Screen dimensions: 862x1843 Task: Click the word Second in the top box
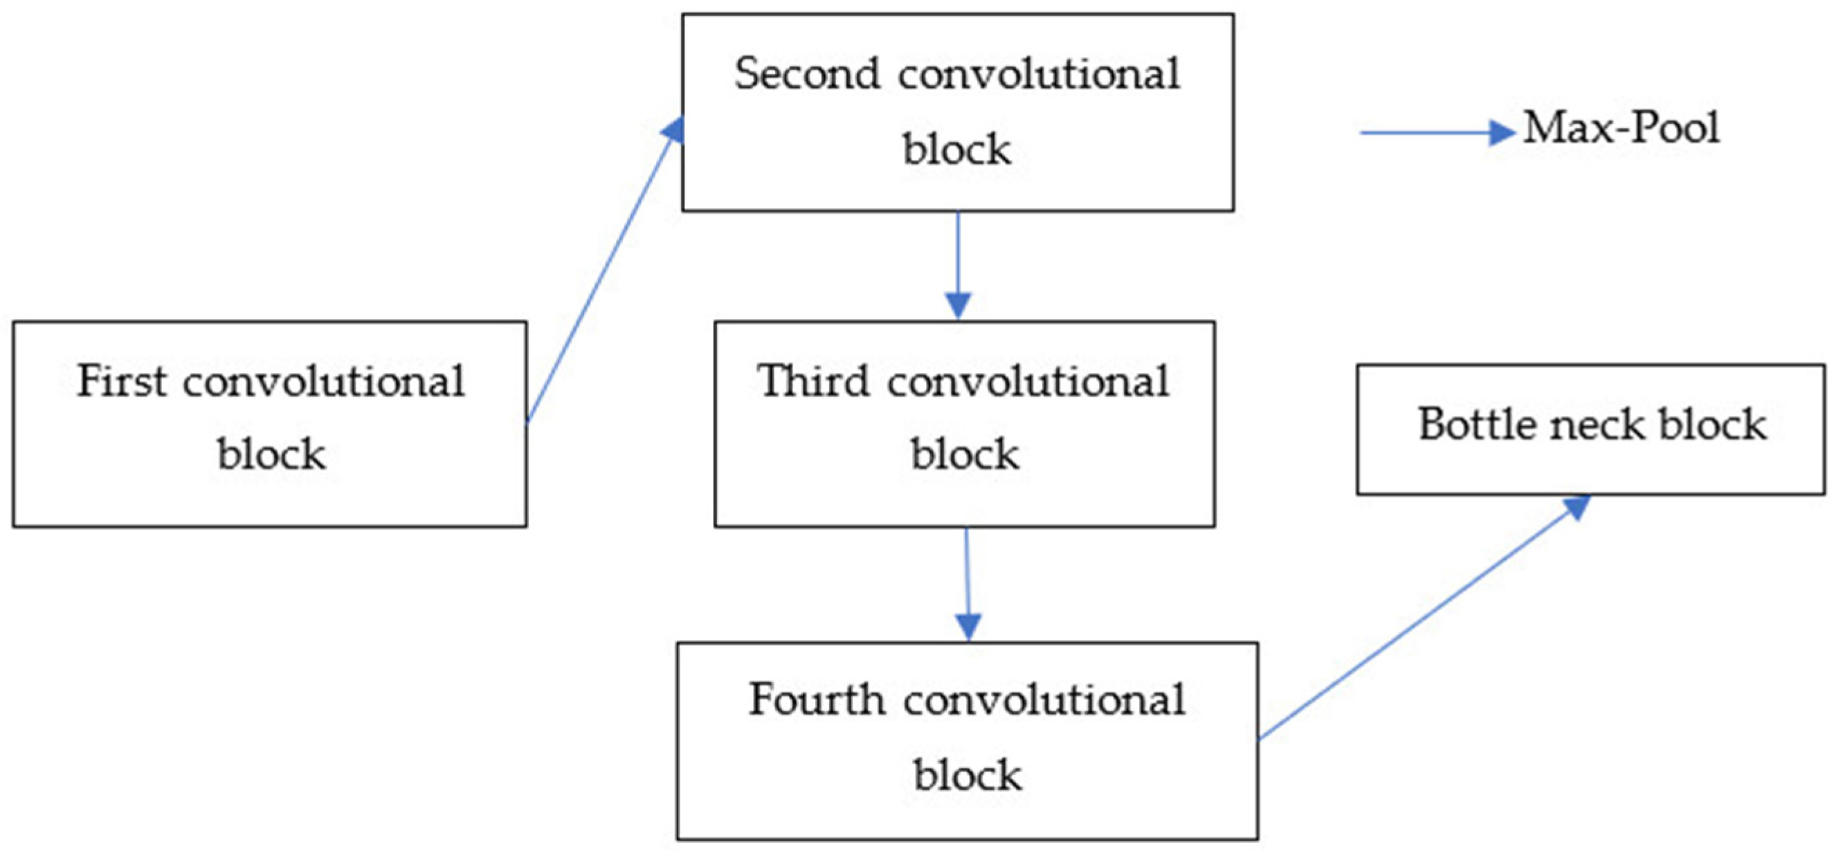(x=806, y=74)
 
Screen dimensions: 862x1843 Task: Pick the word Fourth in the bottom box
(x=816, y=699)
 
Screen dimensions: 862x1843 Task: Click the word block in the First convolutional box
(x=271, y=454)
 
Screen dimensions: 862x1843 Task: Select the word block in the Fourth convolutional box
(x=968, y=775)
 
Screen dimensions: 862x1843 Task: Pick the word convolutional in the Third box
(x=1028, y=380)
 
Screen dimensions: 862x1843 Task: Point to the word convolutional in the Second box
(x=1039, y=74)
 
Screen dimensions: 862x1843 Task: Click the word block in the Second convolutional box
(x=956, y=149)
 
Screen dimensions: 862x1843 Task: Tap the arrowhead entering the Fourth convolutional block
(x=968, y=627)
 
